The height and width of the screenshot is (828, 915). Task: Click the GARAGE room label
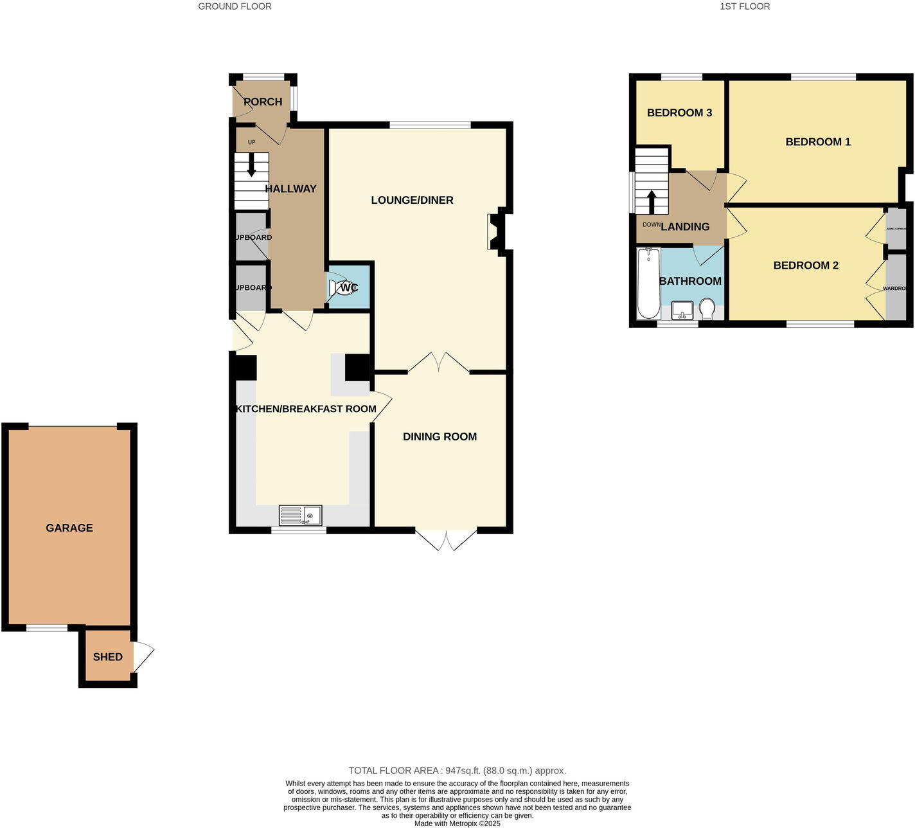[69, 528]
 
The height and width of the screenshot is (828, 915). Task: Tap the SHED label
[107, 656]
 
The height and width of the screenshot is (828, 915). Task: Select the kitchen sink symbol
[301, 516]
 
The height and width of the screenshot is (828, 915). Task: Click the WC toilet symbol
[341, 287]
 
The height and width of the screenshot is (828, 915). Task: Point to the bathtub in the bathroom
[648, 283]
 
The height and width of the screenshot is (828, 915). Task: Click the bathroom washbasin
[682, 310]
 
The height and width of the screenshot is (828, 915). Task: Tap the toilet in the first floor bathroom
[707, 309]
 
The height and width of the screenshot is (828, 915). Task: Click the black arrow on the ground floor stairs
[251, 165]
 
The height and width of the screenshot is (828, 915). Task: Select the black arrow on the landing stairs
[652, 201]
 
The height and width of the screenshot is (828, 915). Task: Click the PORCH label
[263, 102]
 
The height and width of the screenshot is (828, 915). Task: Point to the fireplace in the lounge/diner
[496, 231]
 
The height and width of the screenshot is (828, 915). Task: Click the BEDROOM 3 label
[679, 113]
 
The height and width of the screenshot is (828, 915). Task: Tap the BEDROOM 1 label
[818, 141]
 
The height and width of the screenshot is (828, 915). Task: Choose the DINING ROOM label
[440, 437]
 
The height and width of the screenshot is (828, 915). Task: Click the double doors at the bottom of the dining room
[447, 539]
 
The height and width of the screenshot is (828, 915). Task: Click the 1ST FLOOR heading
[745, 6]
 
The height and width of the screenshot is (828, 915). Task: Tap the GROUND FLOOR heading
[235, 6]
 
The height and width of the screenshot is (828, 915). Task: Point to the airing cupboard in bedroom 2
[896, 229]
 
